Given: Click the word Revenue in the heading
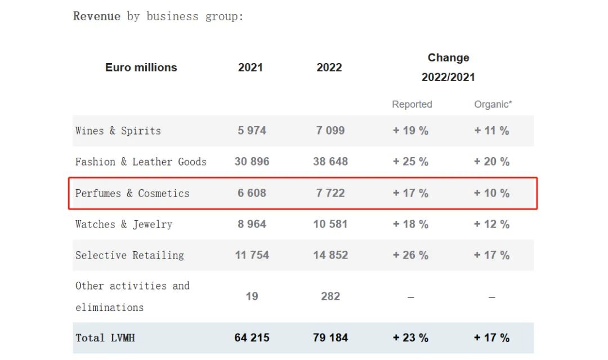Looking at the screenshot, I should click(x=97, y=16).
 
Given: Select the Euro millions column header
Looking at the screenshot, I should click(x=141, y=68).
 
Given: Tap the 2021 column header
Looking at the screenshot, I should click(x=251, y=68).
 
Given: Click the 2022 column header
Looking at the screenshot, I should click(x=329, y=68).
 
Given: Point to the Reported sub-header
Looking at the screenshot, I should click(x=412, y=104).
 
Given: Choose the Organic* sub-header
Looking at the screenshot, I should click(x=493, y=104).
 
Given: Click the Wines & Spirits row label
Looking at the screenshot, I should click(x=118, y=131).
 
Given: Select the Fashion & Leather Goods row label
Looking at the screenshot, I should click(x=141, y=162).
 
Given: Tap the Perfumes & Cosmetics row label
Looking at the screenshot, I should click(x=132, y=193).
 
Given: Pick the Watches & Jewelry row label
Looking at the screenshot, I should click(x=124, y=224).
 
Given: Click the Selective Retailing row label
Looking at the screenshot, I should click(x=129, y=255).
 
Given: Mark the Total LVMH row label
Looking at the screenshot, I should click(x=105, y=338).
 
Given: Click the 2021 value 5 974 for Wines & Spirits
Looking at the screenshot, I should click(x=252, y=131).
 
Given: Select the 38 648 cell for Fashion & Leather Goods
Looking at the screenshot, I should click(x=330, y=162).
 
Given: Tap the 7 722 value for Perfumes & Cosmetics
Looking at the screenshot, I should click(x=330, y=193).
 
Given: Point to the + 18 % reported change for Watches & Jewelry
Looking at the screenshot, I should click(x=410, y=224).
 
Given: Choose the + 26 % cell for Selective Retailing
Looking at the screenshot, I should click(x=410, y=255).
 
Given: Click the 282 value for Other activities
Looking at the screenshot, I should click(x=330, y=296).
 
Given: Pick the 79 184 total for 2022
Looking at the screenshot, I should click(x=330, y=338).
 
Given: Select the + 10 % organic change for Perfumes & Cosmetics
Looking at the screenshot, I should click(x=491, y=193).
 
